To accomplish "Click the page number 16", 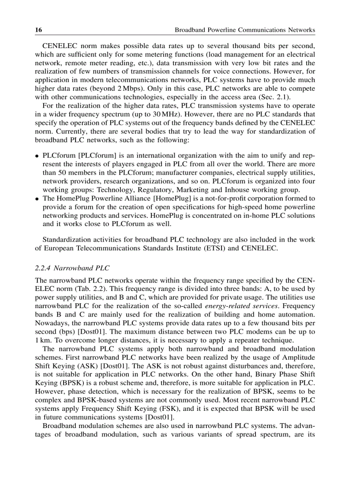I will (38, 30).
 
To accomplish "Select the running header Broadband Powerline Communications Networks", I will (245, 30).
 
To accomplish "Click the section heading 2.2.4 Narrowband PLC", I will (72, 268).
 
